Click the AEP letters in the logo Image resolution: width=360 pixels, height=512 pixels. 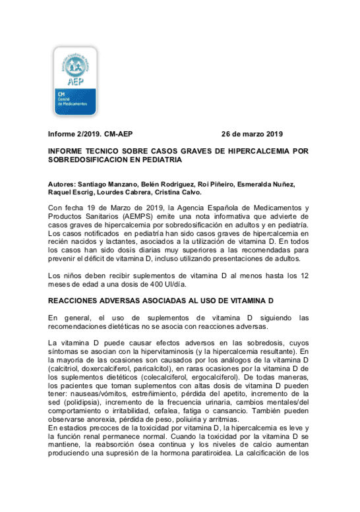(75, 82)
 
